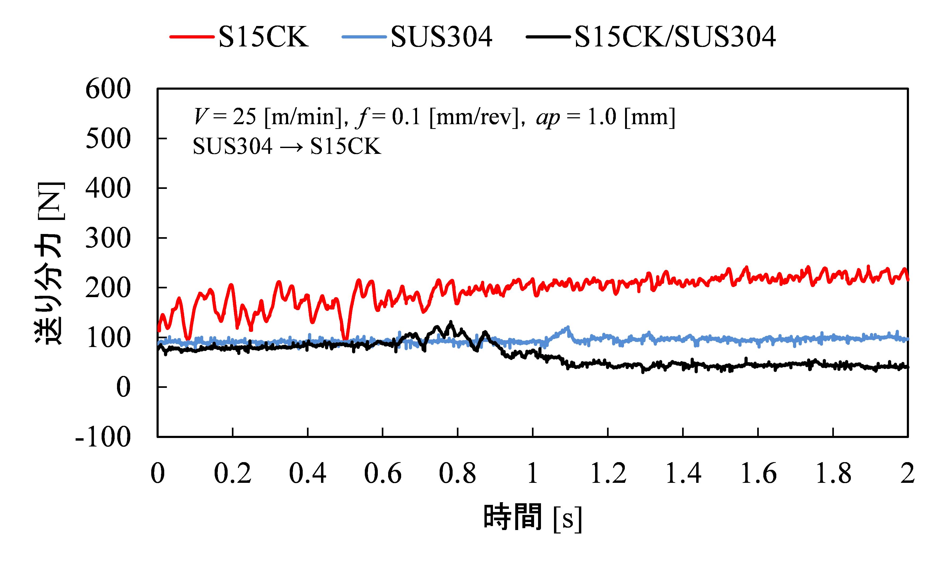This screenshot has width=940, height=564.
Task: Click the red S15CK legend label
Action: (x=263, y=37)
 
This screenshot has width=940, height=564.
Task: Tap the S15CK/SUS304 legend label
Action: (x=675, y=37)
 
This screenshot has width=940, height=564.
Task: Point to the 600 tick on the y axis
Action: (x=108, y=89)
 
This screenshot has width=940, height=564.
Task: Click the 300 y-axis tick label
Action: (x=108, y=239)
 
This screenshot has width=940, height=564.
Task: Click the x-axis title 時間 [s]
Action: (x=532, y=518)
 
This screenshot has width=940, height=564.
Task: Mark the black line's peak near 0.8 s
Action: (x=451, y=323)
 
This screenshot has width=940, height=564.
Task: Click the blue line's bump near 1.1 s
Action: (x=568, y=327)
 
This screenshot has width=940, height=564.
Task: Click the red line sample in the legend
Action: (x=192, y=37)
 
